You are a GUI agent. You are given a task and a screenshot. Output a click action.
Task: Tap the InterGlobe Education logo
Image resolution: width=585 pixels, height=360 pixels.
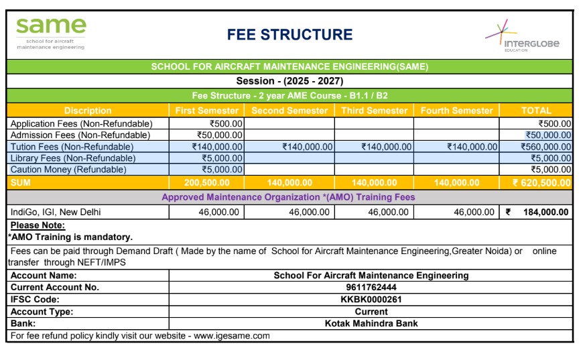(523, 38)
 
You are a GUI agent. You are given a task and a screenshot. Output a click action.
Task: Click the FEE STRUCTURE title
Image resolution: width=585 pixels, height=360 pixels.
(289, 35)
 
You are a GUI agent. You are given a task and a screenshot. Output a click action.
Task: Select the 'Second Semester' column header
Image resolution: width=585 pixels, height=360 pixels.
(289, 111)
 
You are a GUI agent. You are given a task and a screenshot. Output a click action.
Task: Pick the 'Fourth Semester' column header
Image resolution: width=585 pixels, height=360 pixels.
(456, 111)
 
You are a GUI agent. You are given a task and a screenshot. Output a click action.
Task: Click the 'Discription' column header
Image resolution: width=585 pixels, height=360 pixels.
(88, 111)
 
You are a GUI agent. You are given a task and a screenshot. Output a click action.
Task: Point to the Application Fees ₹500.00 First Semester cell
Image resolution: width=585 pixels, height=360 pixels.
(226, 123)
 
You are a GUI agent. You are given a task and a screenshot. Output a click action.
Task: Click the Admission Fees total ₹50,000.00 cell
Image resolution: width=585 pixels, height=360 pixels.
(548, 135)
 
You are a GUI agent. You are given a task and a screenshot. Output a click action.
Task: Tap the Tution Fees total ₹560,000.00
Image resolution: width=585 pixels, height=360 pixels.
(545, 147)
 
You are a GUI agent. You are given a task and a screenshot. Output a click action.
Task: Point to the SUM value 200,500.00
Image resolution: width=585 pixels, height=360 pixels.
(207, 182)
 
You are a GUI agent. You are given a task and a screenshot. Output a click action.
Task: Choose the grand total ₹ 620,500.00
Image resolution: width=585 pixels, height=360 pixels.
(541, 182)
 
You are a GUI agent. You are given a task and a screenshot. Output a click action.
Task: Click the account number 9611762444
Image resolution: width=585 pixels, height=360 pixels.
(371, 288)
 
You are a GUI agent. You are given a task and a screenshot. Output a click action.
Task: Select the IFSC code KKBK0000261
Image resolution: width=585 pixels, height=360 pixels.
(371, 300)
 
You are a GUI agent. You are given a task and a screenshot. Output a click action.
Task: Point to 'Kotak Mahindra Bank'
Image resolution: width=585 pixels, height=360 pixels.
(371, 323)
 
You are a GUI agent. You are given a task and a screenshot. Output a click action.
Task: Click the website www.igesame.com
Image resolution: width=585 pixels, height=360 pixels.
(232, 335)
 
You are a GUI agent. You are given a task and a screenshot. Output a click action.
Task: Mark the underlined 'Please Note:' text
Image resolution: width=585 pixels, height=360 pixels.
(38, 226)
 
